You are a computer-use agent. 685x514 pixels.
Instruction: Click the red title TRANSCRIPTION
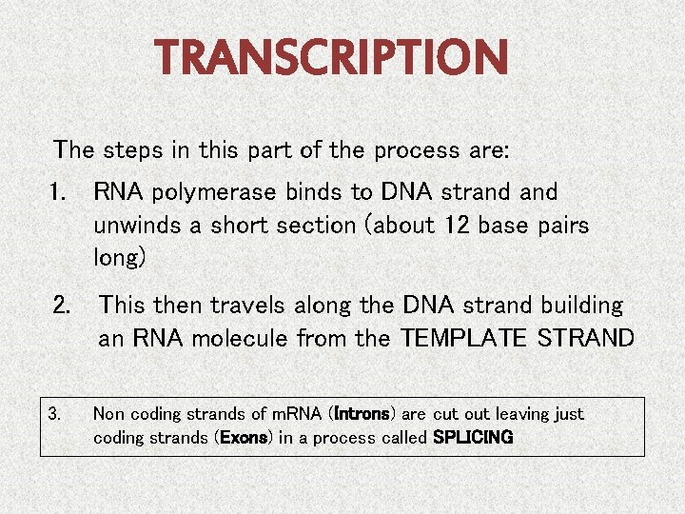click(333, 59)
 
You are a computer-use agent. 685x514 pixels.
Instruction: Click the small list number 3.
click(54, 414)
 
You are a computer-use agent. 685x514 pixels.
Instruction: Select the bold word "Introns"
click(361, 414)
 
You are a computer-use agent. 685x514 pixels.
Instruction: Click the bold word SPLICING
click(473, 438)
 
